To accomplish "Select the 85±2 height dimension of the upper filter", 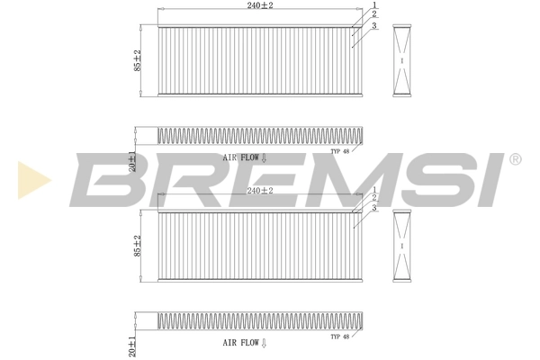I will coord(138,60).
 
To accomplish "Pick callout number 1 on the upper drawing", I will coord(374,6).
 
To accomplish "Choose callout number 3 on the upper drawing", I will coord(374,24).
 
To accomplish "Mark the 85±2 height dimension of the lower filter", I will coord(138,245).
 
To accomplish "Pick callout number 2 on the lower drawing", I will coord(374,198).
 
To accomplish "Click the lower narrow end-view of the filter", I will coord(403,245).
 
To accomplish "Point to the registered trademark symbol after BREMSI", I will coord(515,159).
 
